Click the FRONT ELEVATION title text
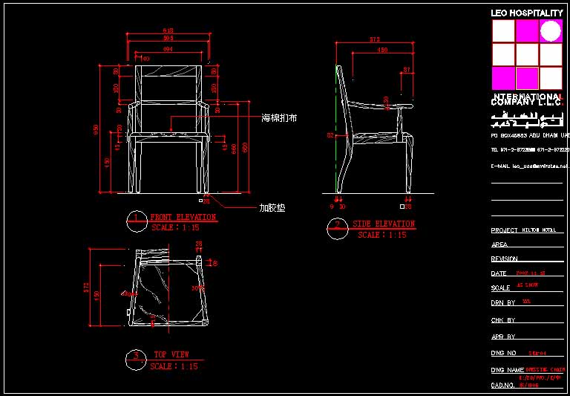[183, 218]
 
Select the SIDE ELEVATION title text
[384, 224]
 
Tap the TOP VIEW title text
[171, 354]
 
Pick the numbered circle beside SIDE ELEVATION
[337, 226]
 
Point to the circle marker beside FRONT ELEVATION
[136, 219]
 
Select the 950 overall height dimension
[96, 129]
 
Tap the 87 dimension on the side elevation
[406, 70]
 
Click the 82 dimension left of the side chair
[330, 135]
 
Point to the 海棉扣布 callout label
[279, 118]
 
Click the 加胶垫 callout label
[272, 209]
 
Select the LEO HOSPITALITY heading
[527, 13]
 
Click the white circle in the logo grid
[551, 30]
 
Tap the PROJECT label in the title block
[504, 230]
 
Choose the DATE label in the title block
[499, 273]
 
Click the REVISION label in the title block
[504, 259]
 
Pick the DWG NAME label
[507, 370]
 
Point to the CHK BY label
[502, 320]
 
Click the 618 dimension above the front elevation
[168, 30]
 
